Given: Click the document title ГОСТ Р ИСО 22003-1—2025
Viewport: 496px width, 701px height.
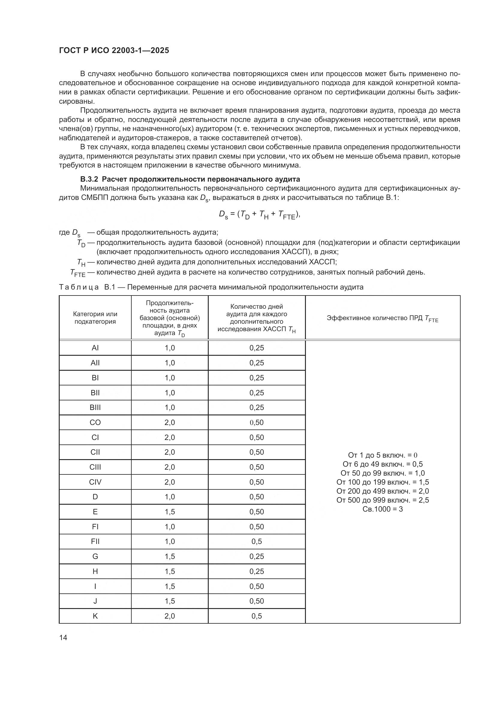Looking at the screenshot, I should click(114, 51).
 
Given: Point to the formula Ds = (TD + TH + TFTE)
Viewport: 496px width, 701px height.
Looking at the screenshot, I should click(260, 215).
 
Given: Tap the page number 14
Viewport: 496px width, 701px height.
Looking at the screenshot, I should click(63, 637).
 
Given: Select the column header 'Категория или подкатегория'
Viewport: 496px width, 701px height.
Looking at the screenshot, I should click(95, 317).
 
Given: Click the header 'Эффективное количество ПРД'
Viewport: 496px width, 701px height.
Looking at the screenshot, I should click(382, 318).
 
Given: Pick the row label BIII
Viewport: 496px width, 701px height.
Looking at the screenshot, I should click(95, 408).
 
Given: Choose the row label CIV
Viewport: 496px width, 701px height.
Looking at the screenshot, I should click(95, 482).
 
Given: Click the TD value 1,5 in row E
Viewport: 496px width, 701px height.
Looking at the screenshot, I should click(169, 512).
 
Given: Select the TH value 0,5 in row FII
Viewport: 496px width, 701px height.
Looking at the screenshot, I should click(257, 541).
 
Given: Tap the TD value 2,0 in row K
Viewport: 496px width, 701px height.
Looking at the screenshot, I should click(169, 616).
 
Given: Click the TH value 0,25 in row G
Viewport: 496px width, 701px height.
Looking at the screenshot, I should click(257, 556).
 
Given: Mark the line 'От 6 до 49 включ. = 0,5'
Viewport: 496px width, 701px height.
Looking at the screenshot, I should click(382, 464).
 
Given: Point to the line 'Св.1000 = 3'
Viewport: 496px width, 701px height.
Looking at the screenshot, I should click(382, 509).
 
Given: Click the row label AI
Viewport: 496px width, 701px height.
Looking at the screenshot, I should click(95, 348).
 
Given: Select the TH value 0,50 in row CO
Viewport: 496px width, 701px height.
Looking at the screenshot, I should click(257, 423).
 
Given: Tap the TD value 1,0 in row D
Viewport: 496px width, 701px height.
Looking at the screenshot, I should click(169, 497).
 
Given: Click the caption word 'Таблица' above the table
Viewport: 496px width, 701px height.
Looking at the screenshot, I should click(79, 287).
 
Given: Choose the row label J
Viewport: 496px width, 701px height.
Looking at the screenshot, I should click(95, 601).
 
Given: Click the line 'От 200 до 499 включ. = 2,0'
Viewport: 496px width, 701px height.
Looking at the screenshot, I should click(382, 491).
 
